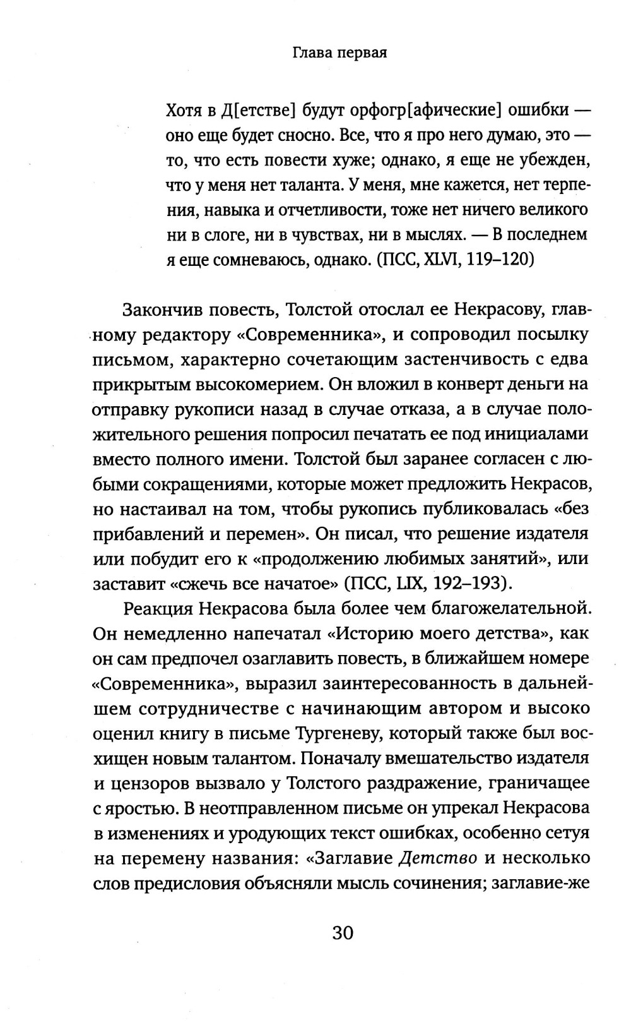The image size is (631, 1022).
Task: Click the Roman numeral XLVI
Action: pos(445,260)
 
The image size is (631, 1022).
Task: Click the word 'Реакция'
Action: pos(155,608)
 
